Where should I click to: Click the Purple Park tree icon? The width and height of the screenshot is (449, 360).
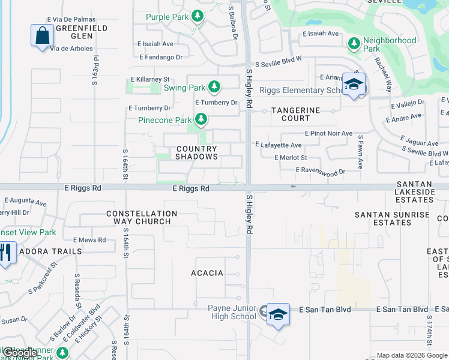click(197, 17)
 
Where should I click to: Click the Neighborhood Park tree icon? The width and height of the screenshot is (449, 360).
click(354, 43)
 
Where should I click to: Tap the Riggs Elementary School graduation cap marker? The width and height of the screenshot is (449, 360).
click(354, 84)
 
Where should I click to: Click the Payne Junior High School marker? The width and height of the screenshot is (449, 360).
click(278, 314)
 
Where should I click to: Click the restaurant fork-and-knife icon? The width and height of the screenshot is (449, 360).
click(6, 252)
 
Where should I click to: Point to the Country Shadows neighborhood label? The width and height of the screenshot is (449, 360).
click(196, 152)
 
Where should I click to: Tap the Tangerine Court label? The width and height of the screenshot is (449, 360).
click(295, 115)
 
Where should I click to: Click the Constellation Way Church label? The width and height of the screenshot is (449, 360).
click(142, 217)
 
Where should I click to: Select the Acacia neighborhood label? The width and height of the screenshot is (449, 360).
click(207, 273)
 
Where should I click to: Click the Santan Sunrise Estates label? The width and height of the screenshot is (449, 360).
click(392, 218)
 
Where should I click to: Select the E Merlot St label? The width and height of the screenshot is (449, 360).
click(291, 158)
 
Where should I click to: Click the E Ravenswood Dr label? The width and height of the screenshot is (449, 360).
click(321, 172)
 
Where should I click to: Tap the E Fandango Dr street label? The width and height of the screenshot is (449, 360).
click(160, 58)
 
